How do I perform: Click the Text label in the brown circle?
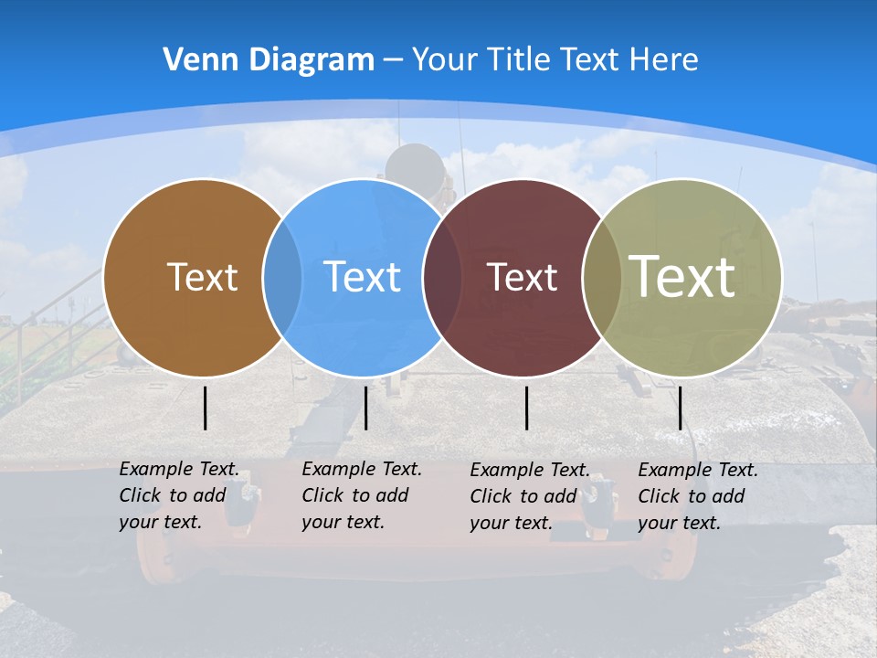[x=202, y=276]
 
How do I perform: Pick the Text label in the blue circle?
[x=362, y=276]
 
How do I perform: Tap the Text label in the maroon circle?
[x=522, y=277]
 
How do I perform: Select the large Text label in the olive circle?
[x=682, y=276]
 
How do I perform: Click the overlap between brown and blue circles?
[x=282, y=277]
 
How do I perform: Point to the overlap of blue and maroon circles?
[x=443, y=277]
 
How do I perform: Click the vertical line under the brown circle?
[x=206, y=408]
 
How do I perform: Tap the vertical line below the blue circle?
[x=365, y=408]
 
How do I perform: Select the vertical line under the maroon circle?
[x=527, y=408]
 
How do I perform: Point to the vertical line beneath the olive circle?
[x=680, y=408]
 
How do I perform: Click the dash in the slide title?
[x=393, y=60]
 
